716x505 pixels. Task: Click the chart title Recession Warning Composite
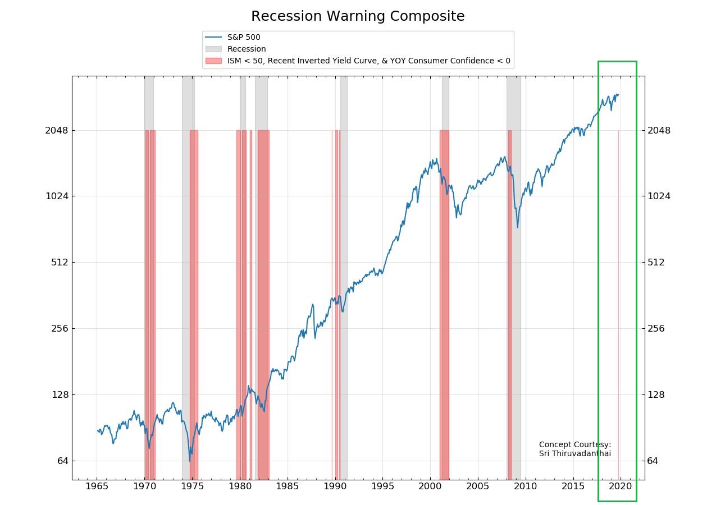click(x=358, y=16)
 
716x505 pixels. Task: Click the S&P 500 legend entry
click(x=244, y=38)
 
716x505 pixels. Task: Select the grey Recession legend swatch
click(x=214, y=49)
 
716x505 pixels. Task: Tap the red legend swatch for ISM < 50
click(x=214, y=61)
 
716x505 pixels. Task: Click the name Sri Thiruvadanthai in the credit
click(x=574, y=453)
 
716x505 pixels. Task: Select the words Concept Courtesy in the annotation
click(x=574, y=445)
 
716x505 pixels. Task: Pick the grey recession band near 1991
click(x=344, y=281)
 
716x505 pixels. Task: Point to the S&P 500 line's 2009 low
click(x=517, y=227)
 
